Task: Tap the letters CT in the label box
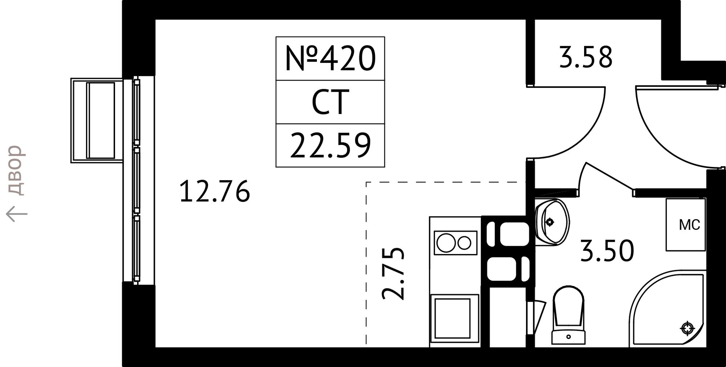point(330,102)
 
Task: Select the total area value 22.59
point(330,146)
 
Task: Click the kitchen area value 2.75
point(393,273)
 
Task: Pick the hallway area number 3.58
point(586,57)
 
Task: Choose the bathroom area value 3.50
point(607,251)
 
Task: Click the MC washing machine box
point(686,225)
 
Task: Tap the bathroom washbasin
point(552,222)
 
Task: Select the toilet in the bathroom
point(568,315)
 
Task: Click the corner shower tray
point(668,308)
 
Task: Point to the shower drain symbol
point(687,328)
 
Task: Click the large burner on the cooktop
point(446,243)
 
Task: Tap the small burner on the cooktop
point(464,243)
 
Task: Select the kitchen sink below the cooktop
point(454,318)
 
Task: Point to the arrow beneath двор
point(17,214)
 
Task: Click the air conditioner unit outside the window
point(97,121)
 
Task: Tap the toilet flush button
point(568,337)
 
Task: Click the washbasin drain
point(550,222)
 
